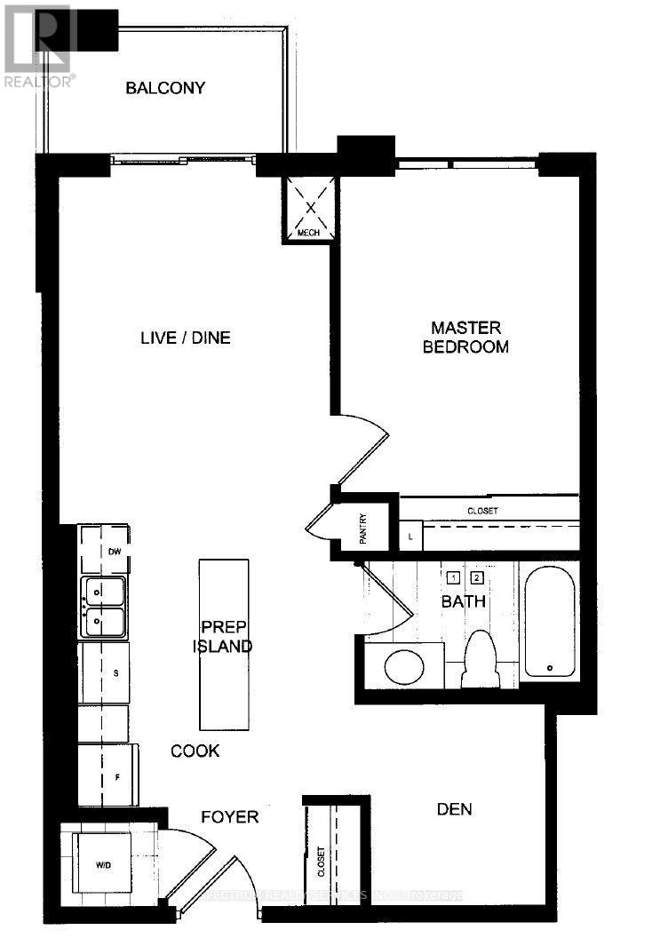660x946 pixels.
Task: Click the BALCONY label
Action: [165, 88]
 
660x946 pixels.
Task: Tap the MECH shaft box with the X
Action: [310, 209]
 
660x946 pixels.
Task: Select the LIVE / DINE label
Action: [186, 338]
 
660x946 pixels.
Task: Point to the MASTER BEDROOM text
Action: [465, 338]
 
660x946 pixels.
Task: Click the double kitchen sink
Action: [104, 608]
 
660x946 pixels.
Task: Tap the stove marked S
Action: [104, 672]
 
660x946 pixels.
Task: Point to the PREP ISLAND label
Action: [223, 635]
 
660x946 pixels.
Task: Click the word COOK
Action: [195, 751]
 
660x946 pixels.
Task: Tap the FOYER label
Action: [229, 816]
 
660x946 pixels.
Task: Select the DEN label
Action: [454, 809]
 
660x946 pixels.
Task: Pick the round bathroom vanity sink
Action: [405, 664]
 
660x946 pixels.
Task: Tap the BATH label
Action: [464, 601]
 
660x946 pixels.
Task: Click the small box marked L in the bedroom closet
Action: [410, 537]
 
